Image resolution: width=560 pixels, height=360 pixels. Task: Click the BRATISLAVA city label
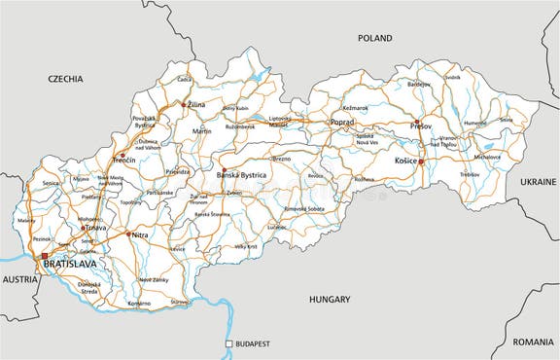[72, 263]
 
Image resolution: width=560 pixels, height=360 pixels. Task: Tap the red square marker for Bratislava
[42, 256]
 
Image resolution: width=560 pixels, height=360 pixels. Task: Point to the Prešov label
[419, 126]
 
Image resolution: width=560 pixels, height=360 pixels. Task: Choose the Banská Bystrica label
[240, 175]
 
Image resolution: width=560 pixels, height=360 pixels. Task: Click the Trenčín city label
[123, 160]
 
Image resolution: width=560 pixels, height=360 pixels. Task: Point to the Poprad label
[341, 123]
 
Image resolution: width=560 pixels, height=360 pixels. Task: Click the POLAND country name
[374, 38]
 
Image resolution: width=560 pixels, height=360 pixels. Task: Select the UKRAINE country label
[538, 182]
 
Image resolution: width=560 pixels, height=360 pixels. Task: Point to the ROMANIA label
[534, 342]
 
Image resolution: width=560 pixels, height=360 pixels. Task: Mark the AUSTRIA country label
[18, 279]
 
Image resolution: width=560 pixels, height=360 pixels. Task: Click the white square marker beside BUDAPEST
[228, 344]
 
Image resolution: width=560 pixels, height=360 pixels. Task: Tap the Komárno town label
[139, 304]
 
